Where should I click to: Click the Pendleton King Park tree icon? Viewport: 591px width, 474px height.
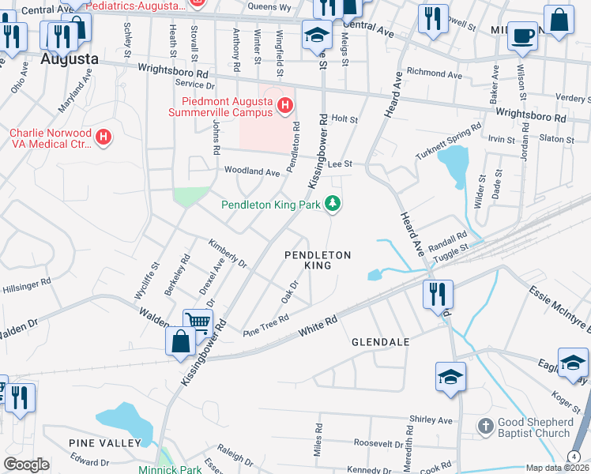[333, 204]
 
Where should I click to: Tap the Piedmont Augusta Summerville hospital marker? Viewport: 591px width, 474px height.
[284, 105]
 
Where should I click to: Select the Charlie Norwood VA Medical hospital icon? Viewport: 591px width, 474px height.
[102, 138]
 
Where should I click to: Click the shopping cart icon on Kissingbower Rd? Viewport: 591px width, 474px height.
[198, 322]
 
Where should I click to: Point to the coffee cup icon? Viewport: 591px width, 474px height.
[522, 36]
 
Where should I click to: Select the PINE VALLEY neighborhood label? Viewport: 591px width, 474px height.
[104, 443]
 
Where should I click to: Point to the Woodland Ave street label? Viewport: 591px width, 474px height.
[252, 171]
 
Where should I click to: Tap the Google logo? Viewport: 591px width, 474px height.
[26, 464]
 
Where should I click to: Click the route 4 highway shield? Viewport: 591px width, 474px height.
[573, 457]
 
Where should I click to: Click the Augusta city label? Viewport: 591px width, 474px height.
[70, 59]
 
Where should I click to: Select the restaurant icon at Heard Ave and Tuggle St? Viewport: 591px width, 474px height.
[436, 295]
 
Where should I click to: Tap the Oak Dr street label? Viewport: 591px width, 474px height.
[290, 293]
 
